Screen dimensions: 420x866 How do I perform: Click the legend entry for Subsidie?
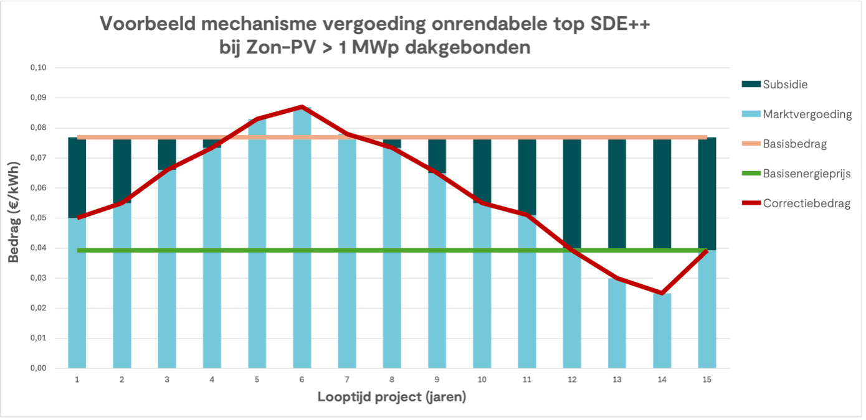click(x=785, y=84)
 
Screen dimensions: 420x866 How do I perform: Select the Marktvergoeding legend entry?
click(x=807, y=114)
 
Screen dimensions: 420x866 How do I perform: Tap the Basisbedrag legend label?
click(x=794, y=144)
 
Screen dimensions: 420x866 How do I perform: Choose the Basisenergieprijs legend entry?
click(x=806, y=174)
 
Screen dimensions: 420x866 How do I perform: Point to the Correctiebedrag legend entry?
click(x=806, y=203)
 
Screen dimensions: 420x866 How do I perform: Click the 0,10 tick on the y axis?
click(x=38, y=67)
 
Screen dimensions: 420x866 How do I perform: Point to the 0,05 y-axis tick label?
click(x=38, y=218)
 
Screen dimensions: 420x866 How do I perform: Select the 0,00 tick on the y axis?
click(x=38, y=368)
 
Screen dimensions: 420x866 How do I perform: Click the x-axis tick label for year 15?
click(x=707, y=380)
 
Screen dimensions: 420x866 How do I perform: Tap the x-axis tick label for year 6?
click(x=302, y=380)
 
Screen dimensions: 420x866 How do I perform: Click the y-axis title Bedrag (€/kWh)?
click(x=13, y=218)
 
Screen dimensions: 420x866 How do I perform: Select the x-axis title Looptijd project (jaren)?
click(x=391, y=397)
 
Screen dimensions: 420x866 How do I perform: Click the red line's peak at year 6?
click(x=302, y=107)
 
